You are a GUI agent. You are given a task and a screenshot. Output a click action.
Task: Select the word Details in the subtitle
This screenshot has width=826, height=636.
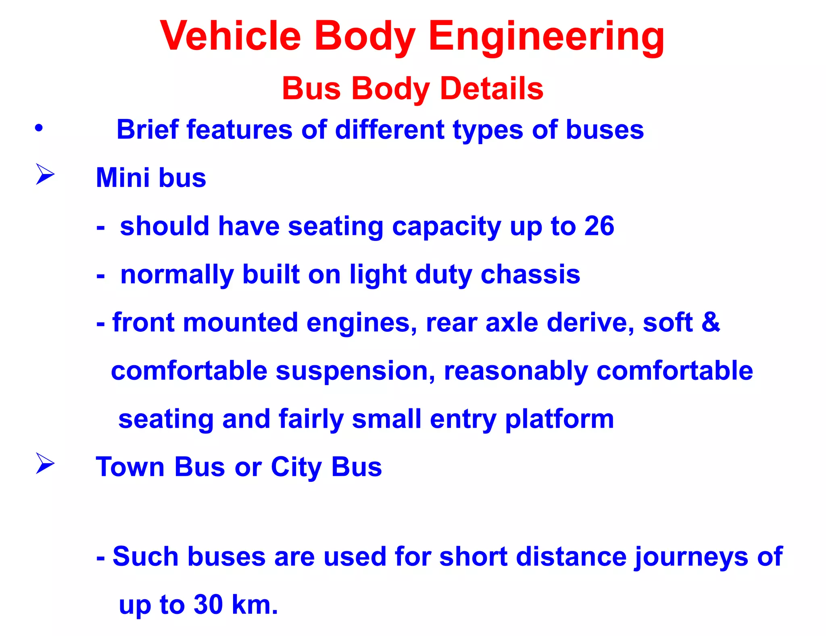(492, 88)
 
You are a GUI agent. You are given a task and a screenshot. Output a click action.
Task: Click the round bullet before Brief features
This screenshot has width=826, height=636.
(39, 128)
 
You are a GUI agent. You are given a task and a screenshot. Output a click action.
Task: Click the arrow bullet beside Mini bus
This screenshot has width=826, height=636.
(45, 174)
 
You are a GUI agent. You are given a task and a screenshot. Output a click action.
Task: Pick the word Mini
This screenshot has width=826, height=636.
(123, 178)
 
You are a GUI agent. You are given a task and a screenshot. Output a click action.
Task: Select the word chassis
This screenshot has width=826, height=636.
(530, 274)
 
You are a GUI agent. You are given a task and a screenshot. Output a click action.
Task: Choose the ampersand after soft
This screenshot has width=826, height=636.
(711, 322)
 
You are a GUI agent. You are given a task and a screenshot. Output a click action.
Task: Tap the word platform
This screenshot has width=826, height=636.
(559, 419)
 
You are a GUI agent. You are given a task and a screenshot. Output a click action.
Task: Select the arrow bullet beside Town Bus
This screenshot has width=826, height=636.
(45, 463)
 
